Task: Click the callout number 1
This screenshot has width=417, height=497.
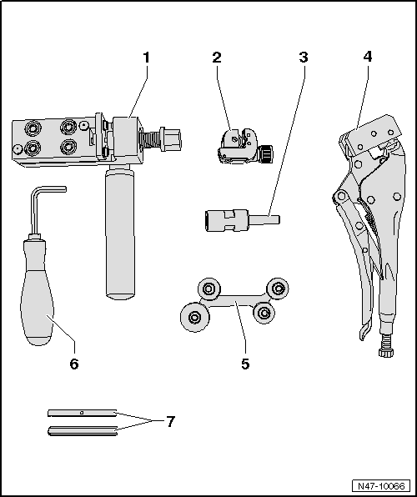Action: click(x=147, y=58)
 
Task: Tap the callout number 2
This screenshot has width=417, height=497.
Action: click(x=217, y=58)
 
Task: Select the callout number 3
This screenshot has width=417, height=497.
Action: click(x=304, y=58)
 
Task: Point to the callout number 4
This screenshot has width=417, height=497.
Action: click(x=368, y=58)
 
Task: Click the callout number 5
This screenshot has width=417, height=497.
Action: click(x=245, y=364)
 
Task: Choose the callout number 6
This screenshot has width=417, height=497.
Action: click(x=74, y=364)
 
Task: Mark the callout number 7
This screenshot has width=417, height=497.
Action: click(x=170, y=421)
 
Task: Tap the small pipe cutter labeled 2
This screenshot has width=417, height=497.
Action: click(x=238, y=144)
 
